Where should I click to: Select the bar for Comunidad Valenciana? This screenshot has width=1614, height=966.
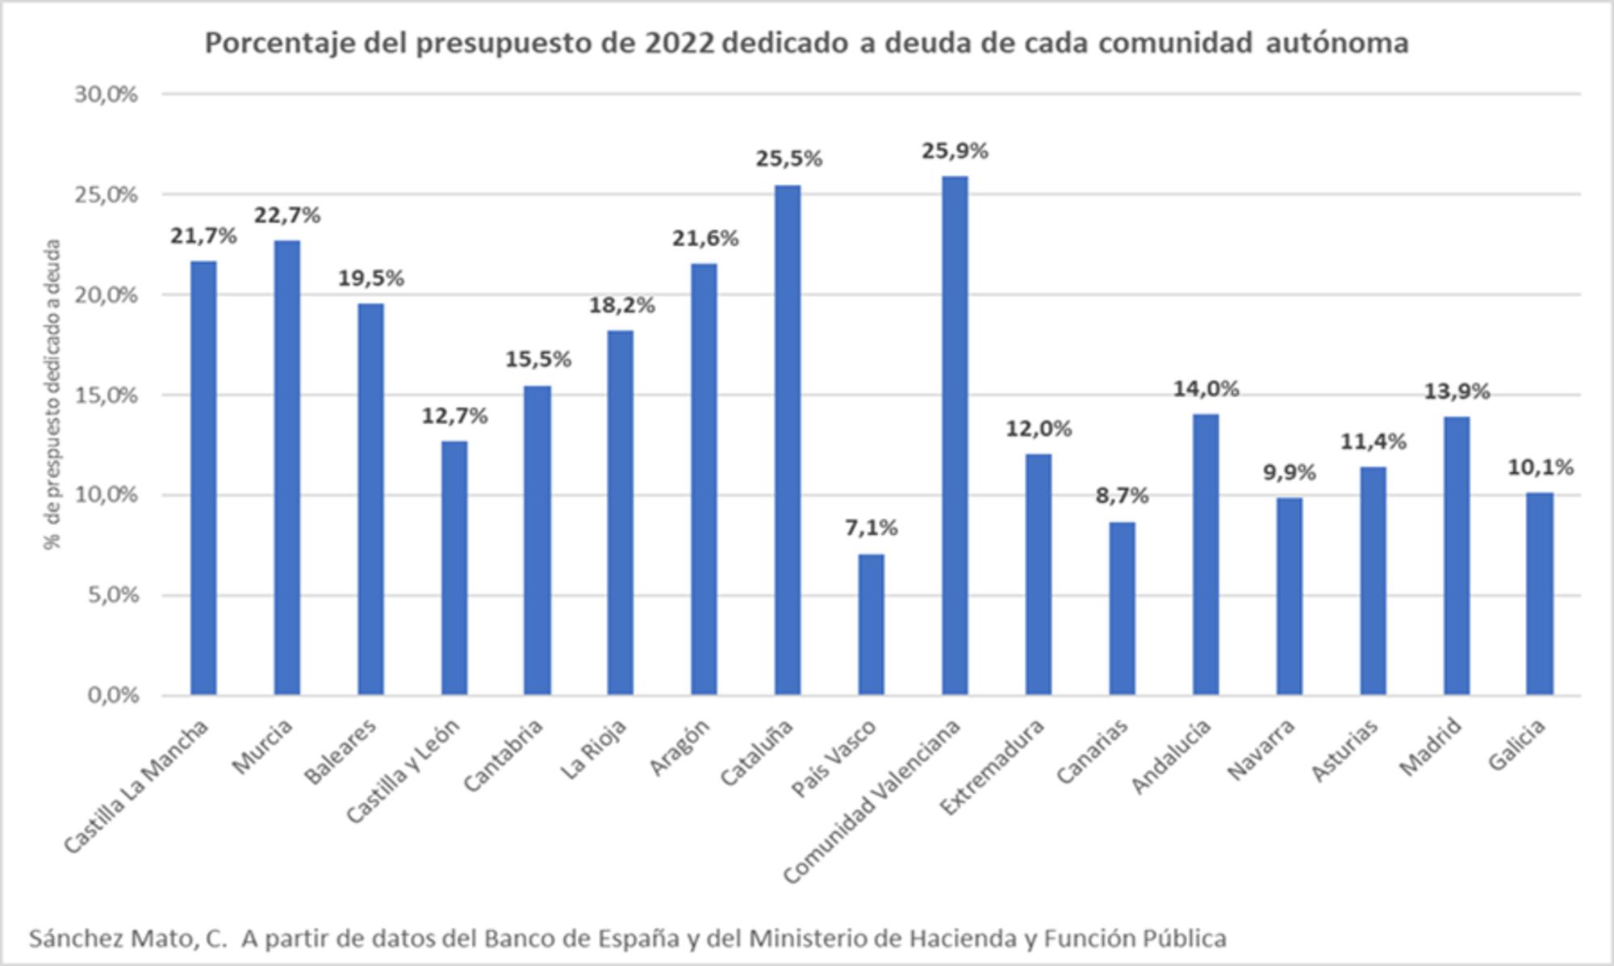click(955, 436)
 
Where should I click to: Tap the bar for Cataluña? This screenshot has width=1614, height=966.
click(788, 440)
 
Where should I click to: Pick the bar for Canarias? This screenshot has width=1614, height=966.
click(1122, 608)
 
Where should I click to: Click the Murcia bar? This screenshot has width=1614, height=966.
click(286, 467)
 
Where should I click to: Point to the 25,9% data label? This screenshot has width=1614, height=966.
click(955, 151)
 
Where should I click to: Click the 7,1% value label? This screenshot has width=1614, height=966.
click(871, 528)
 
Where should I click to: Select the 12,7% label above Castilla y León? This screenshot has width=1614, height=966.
click(454, 416)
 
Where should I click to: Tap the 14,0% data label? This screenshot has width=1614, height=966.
click(1206, 389)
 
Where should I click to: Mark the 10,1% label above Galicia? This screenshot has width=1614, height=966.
click(1540, 467)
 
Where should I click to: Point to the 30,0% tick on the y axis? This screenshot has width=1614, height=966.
click(106, 94)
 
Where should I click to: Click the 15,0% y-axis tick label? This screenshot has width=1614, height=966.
click(106, 395)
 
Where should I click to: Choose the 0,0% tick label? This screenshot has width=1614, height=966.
click(112, 695)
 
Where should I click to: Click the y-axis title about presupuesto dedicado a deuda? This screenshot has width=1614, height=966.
click(53, 394)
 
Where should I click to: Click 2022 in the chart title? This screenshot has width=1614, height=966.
click(679, 43)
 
